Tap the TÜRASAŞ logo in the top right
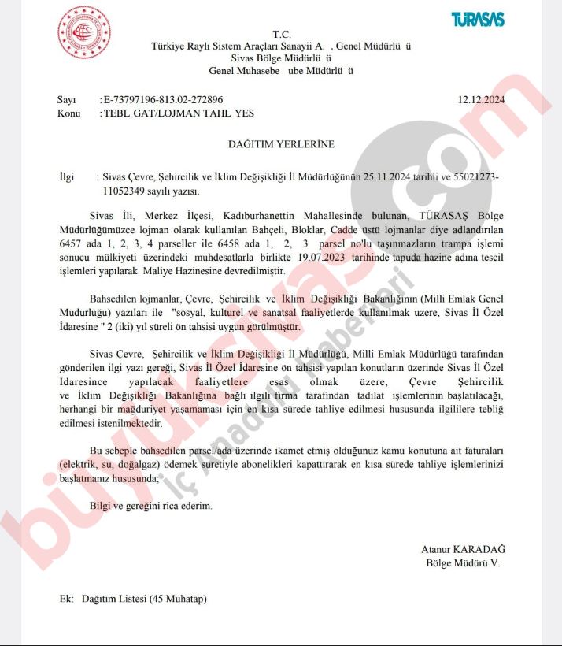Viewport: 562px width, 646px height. (x=478, y=20)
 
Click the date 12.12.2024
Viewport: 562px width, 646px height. (x=481, y=100)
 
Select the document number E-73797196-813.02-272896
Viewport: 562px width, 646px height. (x=163, y=100)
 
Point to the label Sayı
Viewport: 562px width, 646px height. (x=67, y=100)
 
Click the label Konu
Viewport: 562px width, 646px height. (x=69, y=113)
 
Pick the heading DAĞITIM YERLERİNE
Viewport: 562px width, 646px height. (x=281, y=145)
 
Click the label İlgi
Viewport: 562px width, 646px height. (x=67, y=178)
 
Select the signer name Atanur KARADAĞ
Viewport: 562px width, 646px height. (x=462, y=548)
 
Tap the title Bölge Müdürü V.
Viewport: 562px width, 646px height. (x=462, y=562)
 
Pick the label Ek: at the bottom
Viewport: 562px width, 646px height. (x=66, y=599)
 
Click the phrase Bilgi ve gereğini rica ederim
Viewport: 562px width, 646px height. (x=151, y=505)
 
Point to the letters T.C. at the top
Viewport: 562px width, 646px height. (x=281, y=34)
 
